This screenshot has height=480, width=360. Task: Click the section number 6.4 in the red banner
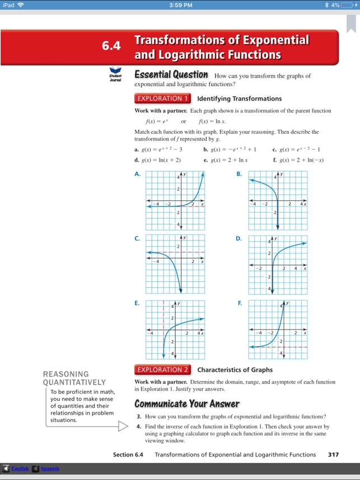pos(111,46)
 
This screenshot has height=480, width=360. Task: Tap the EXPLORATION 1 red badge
pos(163,98)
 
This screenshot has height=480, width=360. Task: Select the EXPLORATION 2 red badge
pos(163,369)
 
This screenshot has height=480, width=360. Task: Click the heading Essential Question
pos(171,75)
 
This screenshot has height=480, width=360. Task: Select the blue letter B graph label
pos(239,174)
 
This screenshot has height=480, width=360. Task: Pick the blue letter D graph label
pos(239,238)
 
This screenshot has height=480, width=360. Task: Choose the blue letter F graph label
pos(240,303)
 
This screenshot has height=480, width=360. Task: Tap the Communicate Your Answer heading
pos(187,404)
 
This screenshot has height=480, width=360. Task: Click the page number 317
pos(333,455)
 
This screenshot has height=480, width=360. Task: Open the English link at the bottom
pos(20,468)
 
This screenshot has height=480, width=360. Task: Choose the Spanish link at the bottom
pos(49,468)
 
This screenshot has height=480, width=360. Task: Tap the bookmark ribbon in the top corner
pos(352,23)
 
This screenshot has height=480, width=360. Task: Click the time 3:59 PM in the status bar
pos(180,5)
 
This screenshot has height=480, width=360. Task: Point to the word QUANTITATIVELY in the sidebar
pos(74,383)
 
